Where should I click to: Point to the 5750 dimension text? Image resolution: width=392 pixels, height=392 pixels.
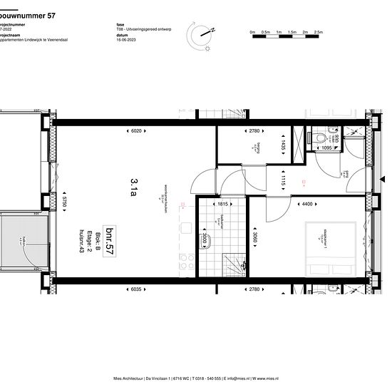click(x=65, y=203)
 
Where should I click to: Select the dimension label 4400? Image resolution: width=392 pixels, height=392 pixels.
click(x=306, y=205)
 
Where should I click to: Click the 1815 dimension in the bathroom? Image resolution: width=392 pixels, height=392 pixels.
click(x=222, y=205)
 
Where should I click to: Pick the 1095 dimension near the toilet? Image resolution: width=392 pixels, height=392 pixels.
click(x=327, y=148)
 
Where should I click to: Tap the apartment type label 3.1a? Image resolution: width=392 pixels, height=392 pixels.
click(x=133, y=186)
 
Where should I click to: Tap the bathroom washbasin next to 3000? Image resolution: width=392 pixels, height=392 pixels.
click(x=205, y=239)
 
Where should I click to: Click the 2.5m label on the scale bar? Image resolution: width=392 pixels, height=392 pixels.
click(x=319, y=33)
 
